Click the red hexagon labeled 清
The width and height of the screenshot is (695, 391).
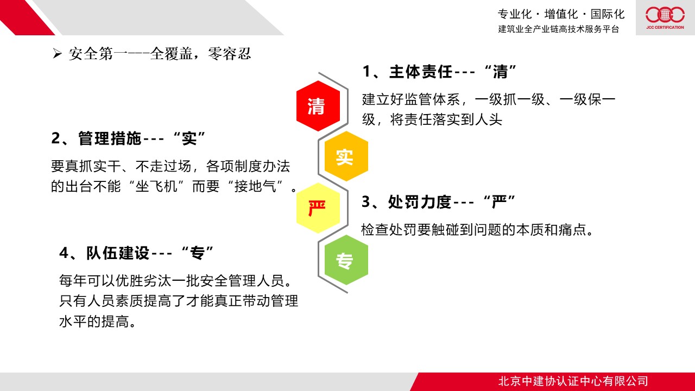318,106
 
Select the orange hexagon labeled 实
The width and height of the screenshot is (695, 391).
346,156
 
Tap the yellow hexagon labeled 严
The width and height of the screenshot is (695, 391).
318,208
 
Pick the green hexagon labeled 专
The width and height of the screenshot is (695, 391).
346,260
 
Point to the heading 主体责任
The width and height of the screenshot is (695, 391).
421,72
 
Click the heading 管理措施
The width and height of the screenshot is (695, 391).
110,138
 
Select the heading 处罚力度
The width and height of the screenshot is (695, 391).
420,202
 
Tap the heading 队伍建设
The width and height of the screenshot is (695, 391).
118,253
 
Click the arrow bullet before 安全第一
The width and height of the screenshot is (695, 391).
57,54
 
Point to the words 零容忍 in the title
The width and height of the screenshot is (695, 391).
229,54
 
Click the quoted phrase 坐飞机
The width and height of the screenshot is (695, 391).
156,186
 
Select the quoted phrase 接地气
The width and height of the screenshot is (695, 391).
255,186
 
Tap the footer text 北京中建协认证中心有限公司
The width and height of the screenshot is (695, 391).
573,381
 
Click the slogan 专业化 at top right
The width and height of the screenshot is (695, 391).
515,14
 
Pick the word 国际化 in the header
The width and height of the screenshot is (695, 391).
608,14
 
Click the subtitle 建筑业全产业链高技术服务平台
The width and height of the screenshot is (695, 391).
559,29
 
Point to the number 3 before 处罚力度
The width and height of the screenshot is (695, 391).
366,201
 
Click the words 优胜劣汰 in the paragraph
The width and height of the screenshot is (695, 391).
143,281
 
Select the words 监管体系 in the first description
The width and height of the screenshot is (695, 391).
433,99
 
